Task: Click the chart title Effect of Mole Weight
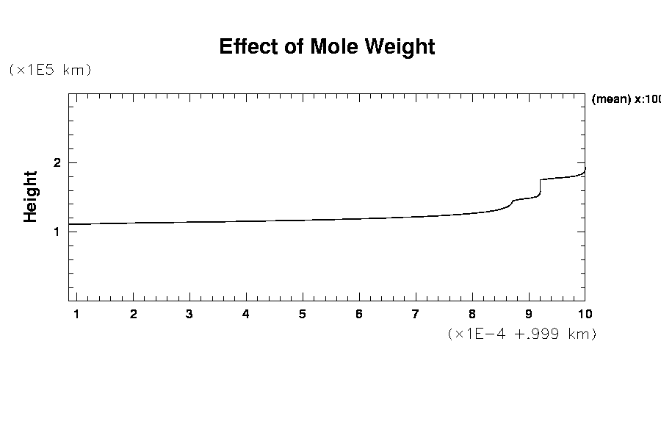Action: coord(327,47)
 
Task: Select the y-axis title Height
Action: coord(31,196)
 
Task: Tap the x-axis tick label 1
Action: coord(76,314)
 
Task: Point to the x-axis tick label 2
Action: coord(133,314)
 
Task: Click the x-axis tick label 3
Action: coord(189,314)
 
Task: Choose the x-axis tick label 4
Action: coord(246,314)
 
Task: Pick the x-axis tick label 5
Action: coord(303,314)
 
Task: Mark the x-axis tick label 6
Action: coord(359,314)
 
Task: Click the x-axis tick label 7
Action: coord(416,314)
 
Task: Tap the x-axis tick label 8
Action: coord(472,314)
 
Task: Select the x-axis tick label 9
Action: coord(529,314)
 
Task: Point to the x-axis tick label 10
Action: coord(585,314)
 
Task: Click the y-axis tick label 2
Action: coord(57,162)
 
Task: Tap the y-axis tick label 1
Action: coord(57,232)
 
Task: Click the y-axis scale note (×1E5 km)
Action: coord(49,71)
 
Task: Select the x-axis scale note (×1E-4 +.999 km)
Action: coord(521,334)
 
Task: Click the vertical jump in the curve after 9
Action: coord(541,187)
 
